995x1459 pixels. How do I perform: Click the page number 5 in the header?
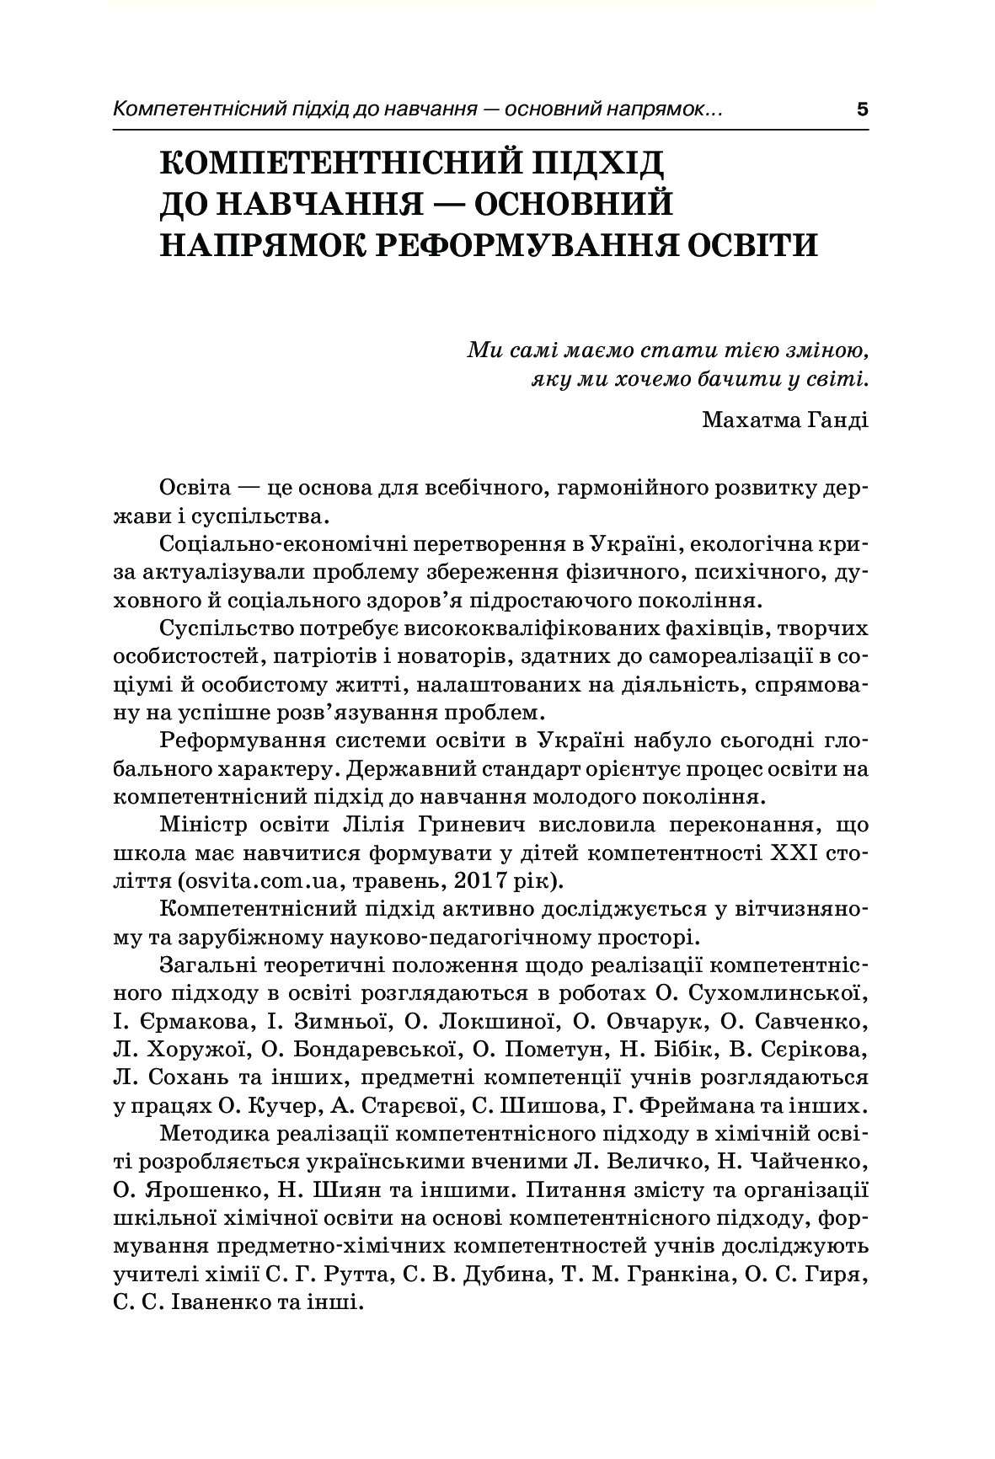click(861, 110)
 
